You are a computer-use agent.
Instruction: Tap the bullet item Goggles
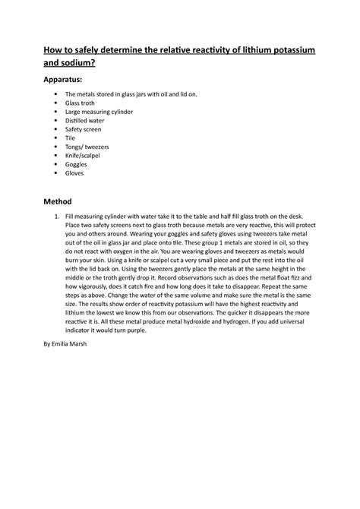[77, 164]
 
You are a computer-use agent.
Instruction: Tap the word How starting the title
[54, 49]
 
